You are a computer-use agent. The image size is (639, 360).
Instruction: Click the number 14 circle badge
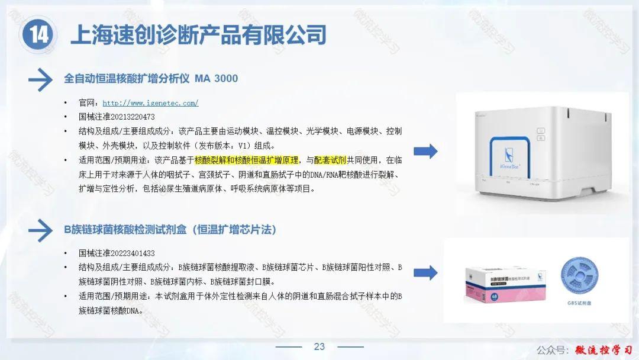(x=39, y=35)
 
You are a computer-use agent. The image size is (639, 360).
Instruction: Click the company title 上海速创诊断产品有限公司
(x=198, y=35)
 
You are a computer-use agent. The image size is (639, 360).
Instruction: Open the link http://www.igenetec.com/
(x=150, y=103)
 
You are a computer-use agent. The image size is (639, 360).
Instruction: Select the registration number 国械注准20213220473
(x=117, y=117)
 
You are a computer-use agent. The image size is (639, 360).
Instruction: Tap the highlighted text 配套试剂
(x=330, y=160)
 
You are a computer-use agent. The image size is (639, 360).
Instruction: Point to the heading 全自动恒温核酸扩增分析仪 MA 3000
(x=151, y=78)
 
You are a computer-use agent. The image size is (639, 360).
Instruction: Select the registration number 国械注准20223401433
(x=117, y=253)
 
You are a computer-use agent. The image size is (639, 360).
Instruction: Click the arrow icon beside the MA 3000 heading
(x=40, y=79)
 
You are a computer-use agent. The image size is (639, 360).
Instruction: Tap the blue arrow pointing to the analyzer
(x=425, y=152)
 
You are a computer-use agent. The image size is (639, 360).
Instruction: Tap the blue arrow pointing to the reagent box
(x=425, y=273)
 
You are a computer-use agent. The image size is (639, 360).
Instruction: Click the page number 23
(x=319, y=347)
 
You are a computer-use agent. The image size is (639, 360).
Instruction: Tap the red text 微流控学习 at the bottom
(x=603, y=349)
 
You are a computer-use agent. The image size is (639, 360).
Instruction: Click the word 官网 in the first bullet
(x=86, y=103)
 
